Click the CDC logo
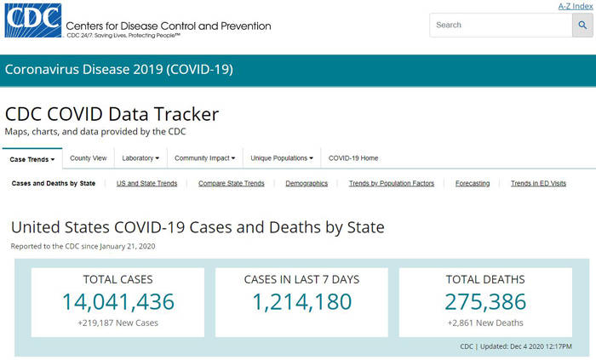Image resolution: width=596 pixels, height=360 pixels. [x=32, y=21]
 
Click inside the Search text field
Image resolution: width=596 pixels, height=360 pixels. [x=499, y=25]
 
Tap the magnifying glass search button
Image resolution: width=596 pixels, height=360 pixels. [x=583, y=25]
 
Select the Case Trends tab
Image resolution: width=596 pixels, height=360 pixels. [x=32, y=158]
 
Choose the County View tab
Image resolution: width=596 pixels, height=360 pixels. [x=89, y=158]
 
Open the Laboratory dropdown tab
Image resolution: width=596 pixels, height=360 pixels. [x=140, y=158]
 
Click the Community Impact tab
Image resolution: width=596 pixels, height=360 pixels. [x=203, y=158]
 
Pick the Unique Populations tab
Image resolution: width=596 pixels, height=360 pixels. [x=282, y=158]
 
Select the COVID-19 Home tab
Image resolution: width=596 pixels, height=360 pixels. [x=353, y=158]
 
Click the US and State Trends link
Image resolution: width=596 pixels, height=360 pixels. [x=146, y=183]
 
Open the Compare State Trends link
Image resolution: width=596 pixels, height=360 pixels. [x=231, y=183]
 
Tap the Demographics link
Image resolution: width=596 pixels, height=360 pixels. [x=307, y=183]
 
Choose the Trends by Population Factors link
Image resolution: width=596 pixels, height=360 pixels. [x=392, y=183]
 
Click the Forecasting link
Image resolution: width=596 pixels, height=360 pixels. [x=473, y=183]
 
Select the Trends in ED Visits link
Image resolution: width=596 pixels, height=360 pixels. [x=538, y=183]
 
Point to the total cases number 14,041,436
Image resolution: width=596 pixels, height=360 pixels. [x=117, y=301]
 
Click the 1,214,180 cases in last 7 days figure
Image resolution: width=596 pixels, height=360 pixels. [x=301, y=301]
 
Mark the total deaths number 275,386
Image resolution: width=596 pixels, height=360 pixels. [x=485, y=301]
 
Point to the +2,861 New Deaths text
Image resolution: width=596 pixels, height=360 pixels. [x=485, y=323]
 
